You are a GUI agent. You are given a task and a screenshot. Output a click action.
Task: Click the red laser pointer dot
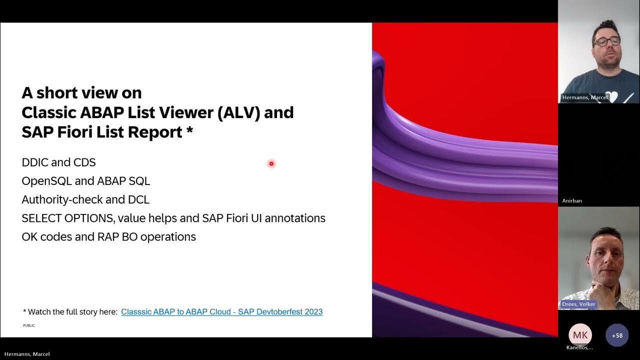[271, 163]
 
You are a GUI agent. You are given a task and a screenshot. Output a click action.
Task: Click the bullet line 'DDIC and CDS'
[58, 162]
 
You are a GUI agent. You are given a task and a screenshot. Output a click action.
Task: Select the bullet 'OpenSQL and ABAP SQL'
[85, 181]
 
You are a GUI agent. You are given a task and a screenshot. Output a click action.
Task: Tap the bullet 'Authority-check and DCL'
[85, 199]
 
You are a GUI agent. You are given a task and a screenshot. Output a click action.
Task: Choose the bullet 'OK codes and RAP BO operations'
[108, 236]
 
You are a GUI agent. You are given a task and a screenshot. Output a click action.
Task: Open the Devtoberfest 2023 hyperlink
[221, 311]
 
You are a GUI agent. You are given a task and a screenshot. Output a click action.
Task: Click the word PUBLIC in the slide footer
[28, 325]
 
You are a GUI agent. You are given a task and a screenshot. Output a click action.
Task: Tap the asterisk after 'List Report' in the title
[189, 131]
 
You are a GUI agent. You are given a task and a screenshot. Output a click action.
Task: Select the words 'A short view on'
[81, 93]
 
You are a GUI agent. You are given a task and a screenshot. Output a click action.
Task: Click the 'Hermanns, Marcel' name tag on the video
[584, 97]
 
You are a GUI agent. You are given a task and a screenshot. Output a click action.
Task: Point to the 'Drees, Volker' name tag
[579, 304]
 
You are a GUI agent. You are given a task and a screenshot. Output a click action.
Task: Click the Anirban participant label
[572, 201]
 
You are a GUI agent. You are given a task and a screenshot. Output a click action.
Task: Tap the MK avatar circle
[580, 335]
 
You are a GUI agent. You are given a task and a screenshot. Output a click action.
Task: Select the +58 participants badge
[617, 335]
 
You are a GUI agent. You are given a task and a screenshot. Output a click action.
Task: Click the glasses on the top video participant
[607, 41]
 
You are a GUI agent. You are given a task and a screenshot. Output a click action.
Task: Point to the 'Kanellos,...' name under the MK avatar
[580, 347]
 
